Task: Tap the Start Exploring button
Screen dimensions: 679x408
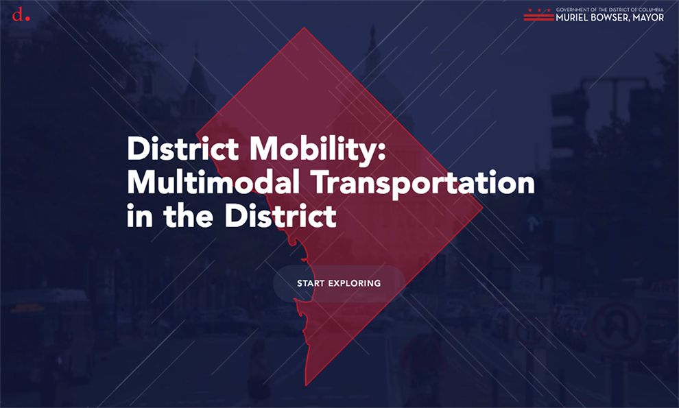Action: pos(339,283)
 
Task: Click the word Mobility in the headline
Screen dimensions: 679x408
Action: pos(317,149)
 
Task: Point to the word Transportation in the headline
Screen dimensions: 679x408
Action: pos(423,184)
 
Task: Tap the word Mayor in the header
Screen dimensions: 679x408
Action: pos(648,18)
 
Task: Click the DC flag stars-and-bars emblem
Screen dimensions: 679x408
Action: pos(538,14)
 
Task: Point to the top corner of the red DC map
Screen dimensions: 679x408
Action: pos(304,27)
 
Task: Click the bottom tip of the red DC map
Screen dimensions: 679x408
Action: pos(306,385)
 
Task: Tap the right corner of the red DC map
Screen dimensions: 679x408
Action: pos(482,207)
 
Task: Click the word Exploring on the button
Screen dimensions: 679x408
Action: pos(354,283)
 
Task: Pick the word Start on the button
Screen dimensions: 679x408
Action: pos(311,283)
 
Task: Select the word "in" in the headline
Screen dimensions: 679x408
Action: pos(140,216)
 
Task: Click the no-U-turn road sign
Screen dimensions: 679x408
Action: pos(617,324)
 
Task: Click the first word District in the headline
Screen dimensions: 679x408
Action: pos(182,149)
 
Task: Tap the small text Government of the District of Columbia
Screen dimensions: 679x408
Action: pos(610,10)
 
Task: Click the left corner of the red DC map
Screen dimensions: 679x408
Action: pos(197,134)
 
